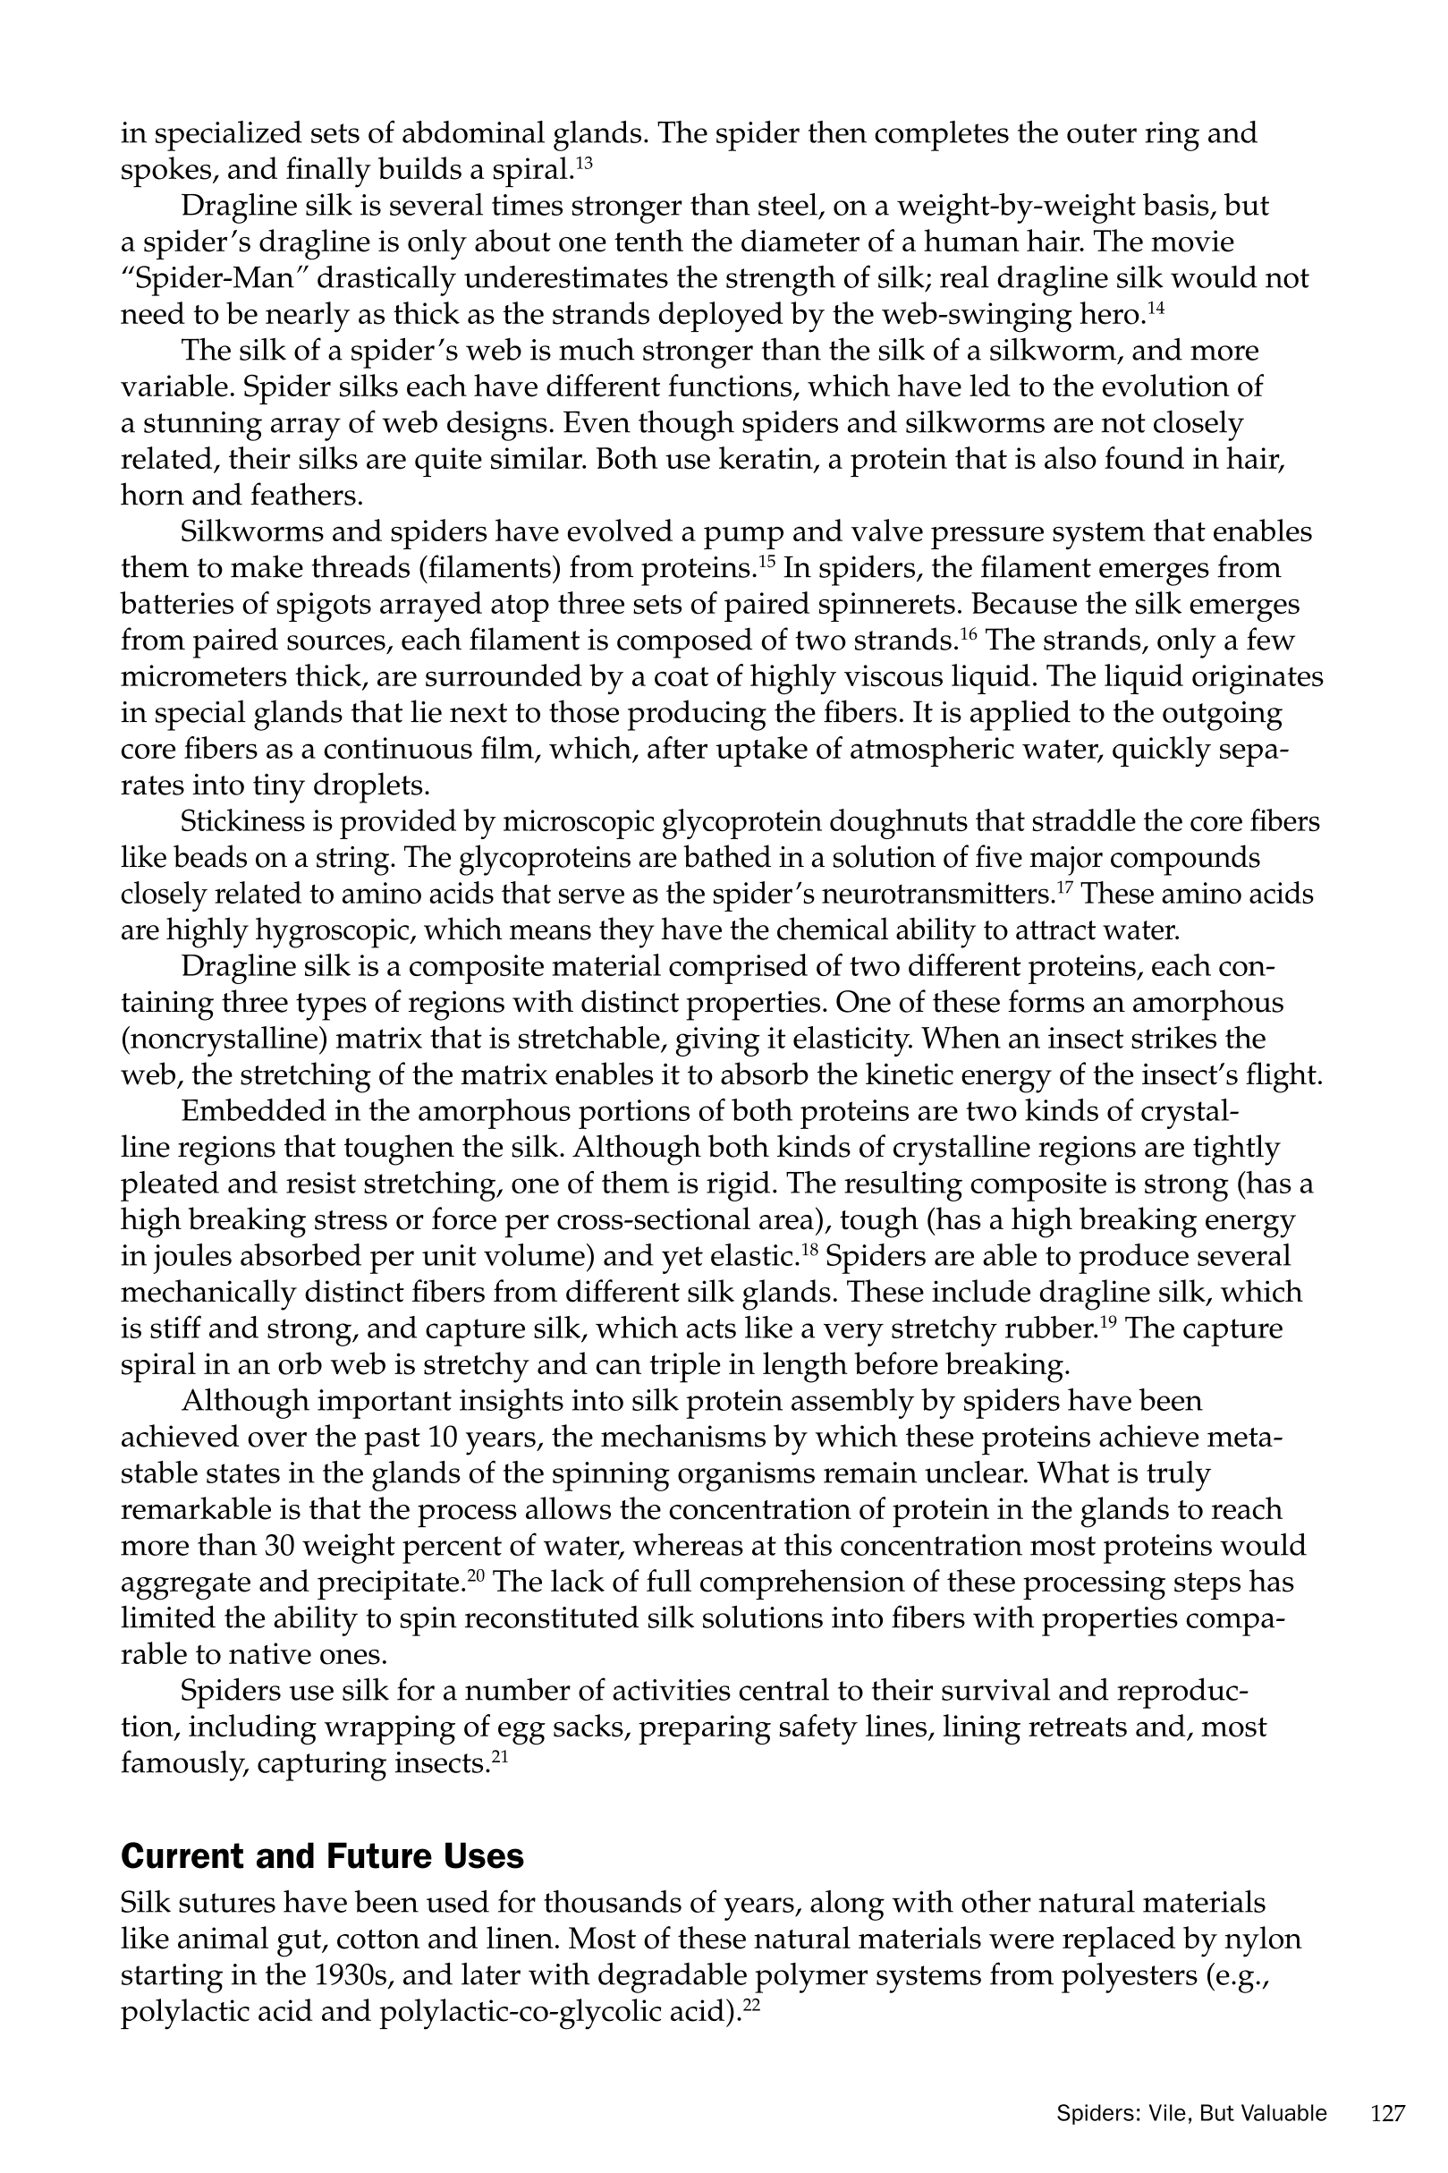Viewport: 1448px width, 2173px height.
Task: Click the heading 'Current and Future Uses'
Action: (x=322, y=1856)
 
